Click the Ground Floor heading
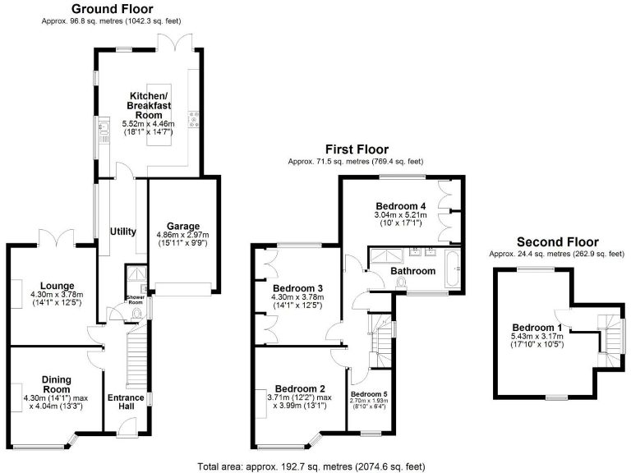pyautogui.click(x=113, y=9)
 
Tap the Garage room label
pyautogui.click(x=183, y=226)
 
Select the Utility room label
pyautogui.click(x=123, y=232)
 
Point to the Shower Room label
pyautogui.click(x=136, y=300)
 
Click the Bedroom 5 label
pyautogui.click(x=369, y=394)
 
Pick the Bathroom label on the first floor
pyautogui.click(x=413, y=271)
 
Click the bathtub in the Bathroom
pyautogui.click(x=453, y=269)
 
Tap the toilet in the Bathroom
pyautogui.click(x=400, y=282)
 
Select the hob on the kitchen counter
pyautogui.click(x=194, y=119)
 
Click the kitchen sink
pyautogui.click(x=104, y=128)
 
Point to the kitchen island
pyautogui.click(x=159, y=115)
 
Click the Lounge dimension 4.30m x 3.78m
pyautogui.click(x=57, y=295)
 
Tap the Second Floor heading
pyautogui.click(x=557, y=242)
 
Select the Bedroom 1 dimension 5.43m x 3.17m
pyautogui.click(x=537, y=336)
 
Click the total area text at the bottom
pyautogui.click(x=311, y=466)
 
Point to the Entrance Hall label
pyautogui.click(x=126, y=402)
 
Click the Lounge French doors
pyautogui.click(x=57, y=238)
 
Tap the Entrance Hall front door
pyautogui.click(x=128, y=427)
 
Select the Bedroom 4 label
pyautogui.click(x=401, y=206)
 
